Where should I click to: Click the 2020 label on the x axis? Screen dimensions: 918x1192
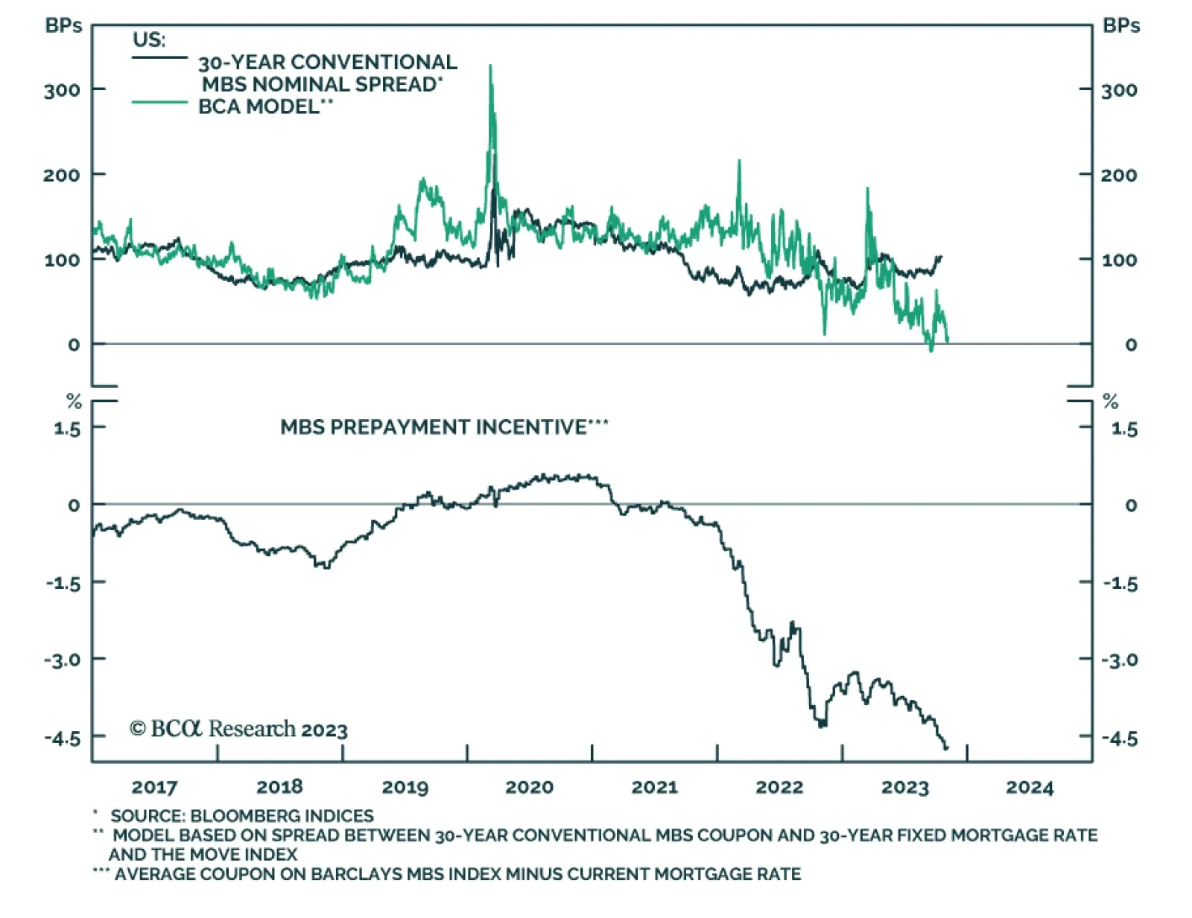(x=529, y=787)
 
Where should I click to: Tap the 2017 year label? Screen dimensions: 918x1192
(x=154, y=787)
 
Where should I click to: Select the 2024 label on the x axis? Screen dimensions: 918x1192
(x=1030, y=787)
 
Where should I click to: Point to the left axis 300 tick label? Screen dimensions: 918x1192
(x=62, y=91)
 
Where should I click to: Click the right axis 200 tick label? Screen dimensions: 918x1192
(x=1119, y=176)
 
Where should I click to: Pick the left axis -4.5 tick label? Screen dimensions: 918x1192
(x=62, y=738)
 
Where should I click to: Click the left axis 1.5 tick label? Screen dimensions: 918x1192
(x=66, y=429)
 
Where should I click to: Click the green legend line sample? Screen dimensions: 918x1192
(x=159, y=102)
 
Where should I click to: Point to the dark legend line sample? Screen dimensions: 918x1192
(x=159, y=57)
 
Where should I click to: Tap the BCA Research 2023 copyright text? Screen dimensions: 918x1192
(x=238, y=729)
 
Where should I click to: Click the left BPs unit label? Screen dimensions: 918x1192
(x=63, y=26)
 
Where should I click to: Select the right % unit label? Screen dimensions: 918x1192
(x=1111, y=402)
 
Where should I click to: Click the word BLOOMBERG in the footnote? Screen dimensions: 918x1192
(x=244, y=816)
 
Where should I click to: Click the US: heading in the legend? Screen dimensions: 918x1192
(x=149, y=39)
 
